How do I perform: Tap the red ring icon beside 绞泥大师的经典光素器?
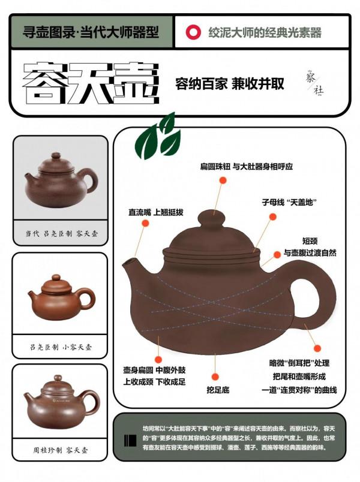(193, 32)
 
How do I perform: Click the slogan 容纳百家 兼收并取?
(229, 83)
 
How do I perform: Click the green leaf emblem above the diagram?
(157, 136)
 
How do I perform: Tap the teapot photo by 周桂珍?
(60, 399)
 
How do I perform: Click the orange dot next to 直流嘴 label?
(145, 224)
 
